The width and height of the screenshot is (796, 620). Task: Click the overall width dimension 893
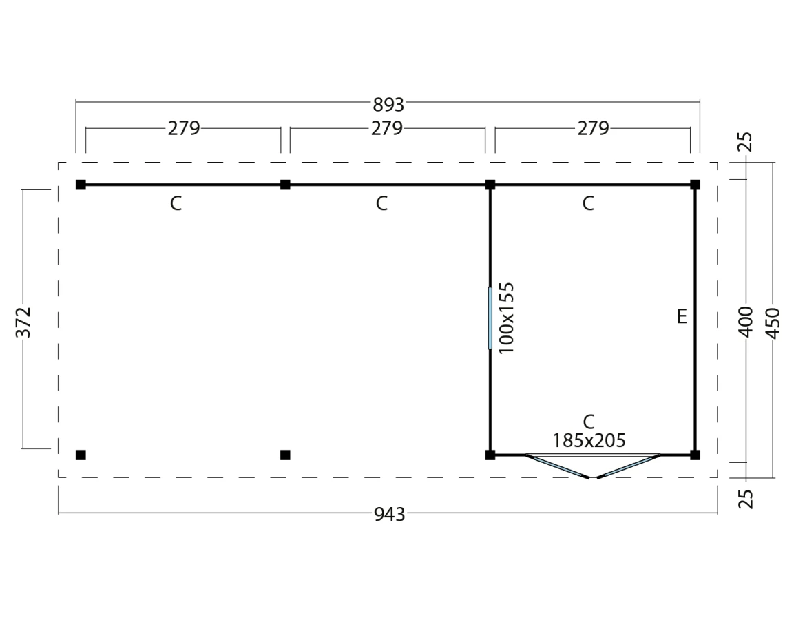pos(388,104)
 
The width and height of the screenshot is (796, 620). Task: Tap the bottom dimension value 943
pos(389,515)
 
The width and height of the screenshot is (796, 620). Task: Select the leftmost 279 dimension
pos(184,128)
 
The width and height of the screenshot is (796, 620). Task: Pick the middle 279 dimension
pos(387,128)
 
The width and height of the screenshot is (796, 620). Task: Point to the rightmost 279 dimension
pos(593,128)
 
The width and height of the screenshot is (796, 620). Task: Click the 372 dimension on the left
pos(24,322)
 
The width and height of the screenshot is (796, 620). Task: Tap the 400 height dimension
pos(746,322)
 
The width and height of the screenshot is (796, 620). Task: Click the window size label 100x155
pos(507,318)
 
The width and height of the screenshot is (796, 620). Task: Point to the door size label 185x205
pos(589,440)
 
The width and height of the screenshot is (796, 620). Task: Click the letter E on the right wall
pos(682,316)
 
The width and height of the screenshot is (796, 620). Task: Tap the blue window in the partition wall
pos(490,318)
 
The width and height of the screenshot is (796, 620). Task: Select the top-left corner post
pos(81,185)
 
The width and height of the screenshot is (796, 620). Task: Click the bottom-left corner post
pos(81,455)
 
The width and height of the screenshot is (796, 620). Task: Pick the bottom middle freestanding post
pos(285,455)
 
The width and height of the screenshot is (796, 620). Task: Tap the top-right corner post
pos(695,185)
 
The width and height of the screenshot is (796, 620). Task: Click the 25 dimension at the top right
pos(746,142)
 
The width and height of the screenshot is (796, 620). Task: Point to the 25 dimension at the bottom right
pos(746,499)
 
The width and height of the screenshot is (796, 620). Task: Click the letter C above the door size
pos(588,422)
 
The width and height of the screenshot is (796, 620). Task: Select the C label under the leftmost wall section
pos(176,204)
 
